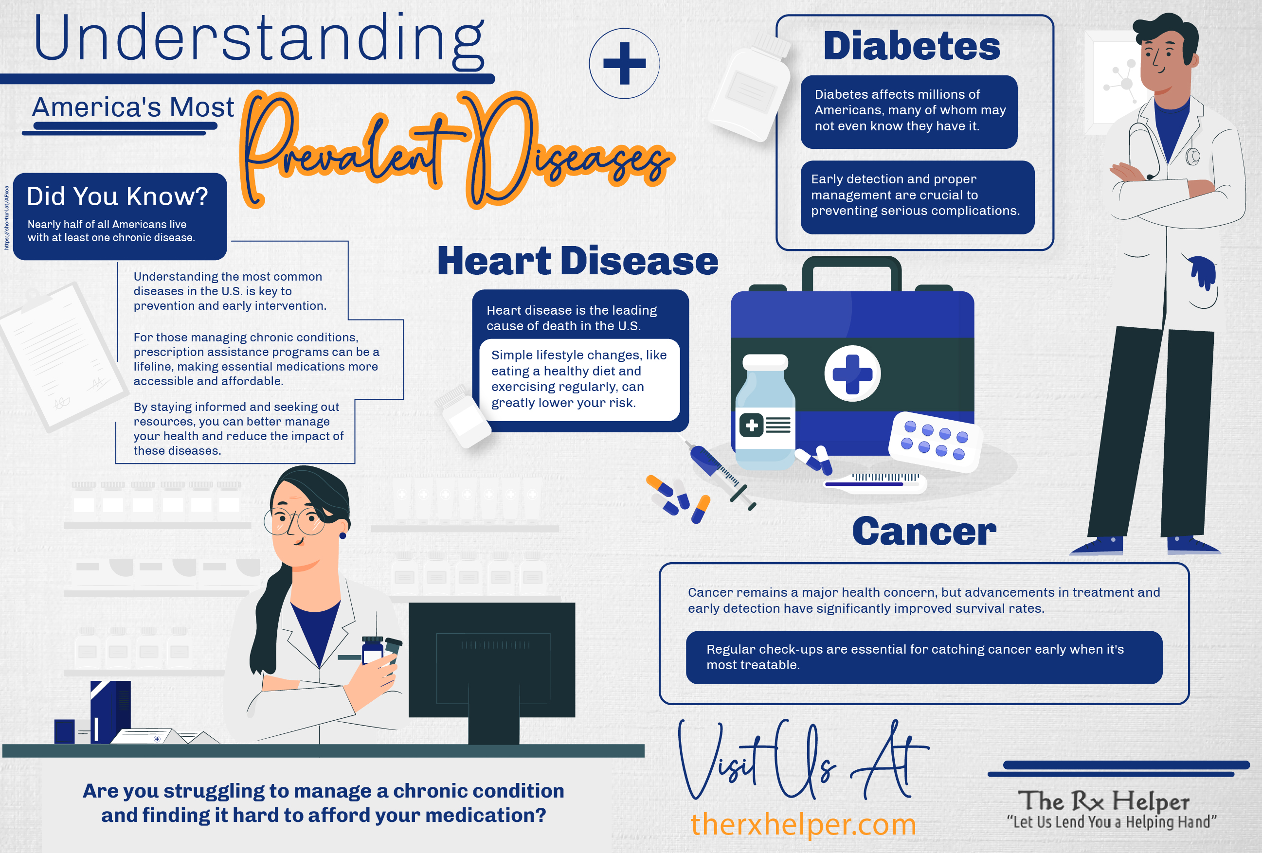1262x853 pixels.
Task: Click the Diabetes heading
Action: [x=912, y=46]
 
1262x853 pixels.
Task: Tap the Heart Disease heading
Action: [x=578, y=261]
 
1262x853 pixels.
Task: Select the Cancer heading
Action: [x=924, y=531]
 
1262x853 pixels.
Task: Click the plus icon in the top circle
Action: [x=625, y=64]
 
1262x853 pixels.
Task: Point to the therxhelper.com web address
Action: [x=803, y=825]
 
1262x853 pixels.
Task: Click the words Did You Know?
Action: [x=117, y=196]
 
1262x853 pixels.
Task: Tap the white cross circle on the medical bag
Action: [x=852, y=373]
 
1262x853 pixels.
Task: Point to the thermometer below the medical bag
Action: [x=874, y=482]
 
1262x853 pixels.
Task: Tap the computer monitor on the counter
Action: [x=492, y=672]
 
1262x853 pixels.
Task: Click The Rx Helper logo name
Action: [x=1103, y=801]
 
